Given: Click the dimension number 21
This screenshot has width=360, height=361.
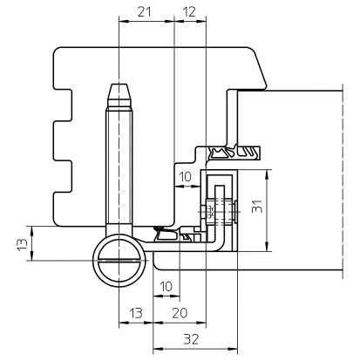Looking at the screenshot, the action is click(145, 12).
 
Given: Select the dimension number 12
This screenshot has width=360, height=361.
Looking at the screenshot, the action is click(190, 12).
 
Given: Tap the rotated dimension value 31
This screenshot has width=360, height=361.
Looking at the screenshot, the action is click(257, 207).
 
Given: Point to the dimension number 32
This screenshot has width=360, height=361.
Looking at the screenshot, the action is click(191, 339).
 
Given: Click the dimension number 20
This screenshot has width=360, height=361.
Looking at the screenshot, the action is click(180, 313).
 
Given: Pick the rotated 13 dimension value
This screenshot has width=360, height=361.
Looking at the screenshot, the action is click(23, 244).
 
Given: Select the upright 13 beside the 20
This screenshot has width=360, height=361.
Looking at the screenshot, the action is click(136, 313).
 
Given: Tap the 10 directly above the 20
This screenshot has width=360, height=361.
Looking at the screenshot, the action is click(166, 287).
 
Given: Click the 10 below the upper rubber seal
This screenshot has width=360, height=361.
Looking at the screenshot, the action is click(185, 176).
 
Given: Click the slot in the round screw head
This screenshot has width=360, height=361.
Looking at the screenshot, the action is click(119, 260).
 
